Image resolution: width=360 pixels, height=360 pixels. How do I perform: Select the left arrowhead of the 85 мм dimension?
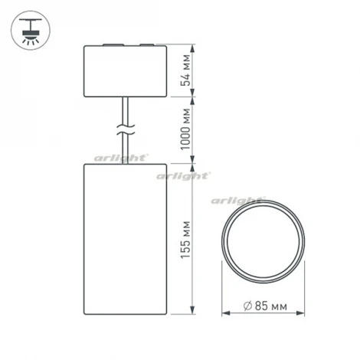(224, 313)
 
